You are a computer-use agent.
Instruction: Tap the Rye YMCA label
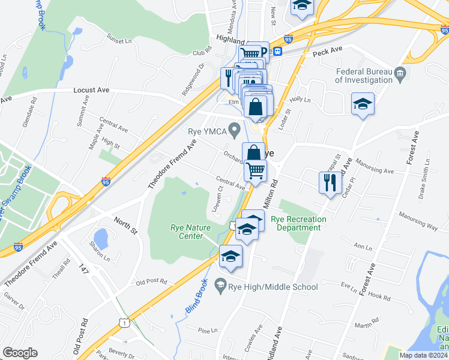click(x=207, y=131)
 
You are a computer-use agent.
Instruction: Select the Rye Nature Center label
click(x=187, y=232)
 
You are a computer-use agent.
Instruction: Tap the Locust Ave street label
click(x=91, y=90)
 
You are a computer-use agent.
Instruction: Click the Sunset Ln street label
click(x=119, y=40)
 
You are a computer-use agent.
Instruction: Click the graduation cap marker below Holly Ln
click(x=363, y=104)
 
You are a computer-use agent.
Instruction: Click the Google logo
click(x=20, y=353)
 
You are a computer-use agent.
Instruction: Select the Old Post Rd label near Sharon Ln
click(x=151, y=282)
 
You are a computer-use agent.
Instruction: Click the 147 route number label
click(x=83, y=270)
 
